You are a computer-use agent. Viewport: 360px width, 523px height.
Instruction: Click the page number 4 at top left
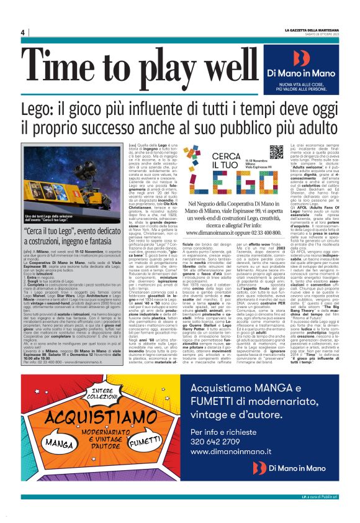coord(22,32)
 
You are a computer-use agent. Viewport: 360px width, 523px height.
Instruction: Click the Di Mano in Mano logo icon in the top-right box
coord(300,58)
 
